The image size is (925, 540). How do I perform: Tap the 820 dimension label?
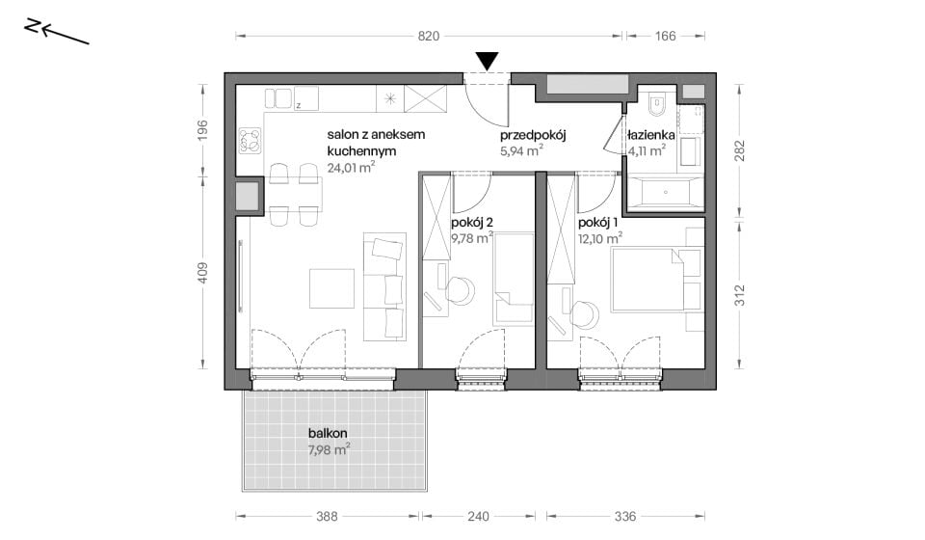pos(429,36)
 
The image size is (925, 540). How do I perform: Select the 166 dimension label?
pos(665,36)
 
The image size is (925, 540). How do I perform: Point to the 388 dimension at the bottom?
pos(327,517)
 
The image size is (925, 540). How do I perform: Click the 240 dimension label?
pos(479,517)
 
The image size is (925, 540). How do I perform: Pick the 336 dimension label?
pos(625,517)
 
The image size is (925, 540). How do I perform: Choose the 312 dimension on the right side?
pos(740,295)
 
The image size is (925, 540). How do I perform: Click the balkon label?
pos(328,434)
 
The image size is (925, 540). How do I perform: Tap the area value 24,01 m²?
pos(351,168)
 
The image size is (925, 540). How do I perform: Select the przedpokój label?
pos(533,136)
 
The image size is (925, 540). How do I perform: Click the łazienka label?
pos(651,135)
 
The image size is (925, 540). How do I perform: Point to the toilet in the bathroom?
pos(655,104)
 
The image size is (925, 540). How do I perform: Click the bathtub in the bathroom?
pos(666,193)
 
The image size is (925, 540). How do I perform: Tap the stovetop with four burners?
pos(251,141)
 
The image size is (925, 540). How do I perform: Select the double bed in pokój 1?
pos(647,280)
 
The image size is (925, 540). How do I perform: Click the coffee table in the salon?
pos(332,288)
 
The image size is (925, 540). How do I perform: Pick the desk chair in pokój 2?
pos(460,290)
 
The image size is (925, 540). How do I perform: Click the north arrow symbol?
pos(57,32)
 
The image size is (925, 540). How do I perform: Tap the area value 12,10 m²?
pos(600,239)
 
